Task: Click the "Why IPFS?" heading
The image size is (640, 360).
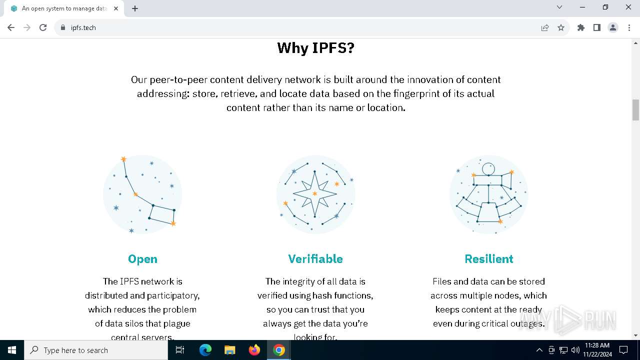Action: pyautogui.click(x=315, y=48)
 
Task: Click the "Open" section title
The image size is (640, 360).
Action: pyautogui.click(x=142, y=259)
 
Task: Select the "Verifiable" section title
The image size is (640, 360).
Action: pyautogui.click(x=315, y=259)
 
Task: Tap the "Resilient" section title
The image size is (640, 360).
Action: pyautogui.click(x=488, y=259)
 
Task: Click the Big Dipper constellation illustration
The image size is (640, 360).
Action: pyautogui.click(x=142, y=194)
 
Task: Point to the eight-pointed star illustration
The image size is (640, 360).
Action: pyautogui.click(x=315, y=194)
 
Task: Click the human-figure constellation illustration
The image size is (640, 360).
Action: pyautogui.click(x=488, y=194)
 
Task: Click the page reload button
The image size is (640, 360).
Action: pyautogui.click(x=43, y=27)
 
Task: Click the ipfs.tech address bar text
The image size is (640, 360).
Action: pyautogui.click(x=83, y=28)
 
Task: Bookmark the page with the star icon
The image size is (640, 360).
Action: pyautogui.click(x=561, y=27)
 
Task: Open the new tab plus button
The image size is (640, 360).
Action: pyautogui.click(x=135, y=8)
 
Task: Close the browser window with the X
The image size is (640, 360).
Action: pyautogui.click(x=628, y=7)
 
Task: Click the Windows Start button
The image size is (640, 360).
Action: pyautogui.click(x=12, y=350)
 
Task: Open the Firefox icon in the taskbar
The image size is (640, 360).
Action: pyautogui.click(x=254, y=350)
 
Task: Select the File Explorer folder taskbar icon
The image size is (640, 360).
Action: pyautogui.click(x=230, y=350)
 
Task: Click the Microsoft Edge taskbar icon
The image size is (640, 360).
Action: pyautogui.click(x=205, y=350)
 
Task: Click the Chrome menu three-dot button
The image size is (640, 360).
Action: pyautogui.click(x=629, y=27)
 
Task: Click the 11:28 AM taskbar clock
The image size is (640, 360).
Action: pyautogui.click(x=597, y=350)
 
